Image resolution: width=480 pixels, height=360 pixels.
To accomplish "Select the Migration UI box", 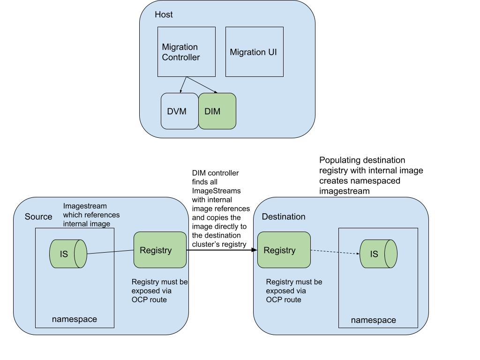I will [x=254, y=52].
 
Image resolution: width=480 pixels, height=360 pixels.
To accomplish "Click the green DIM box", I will [x=217, y=111].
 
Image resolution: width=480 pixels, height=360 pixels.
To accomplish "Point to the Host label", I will [x=164, y=15].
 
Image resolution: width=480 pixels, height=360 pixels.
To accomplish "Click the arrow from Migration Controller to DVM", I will [x=183, y=85].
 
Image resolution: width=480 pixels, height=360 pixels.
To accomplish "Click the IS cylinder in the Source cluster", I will [x=68, y=254].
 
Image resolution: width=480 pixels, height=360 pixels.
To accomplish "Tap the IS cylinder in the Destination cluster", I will [x=378, y=254].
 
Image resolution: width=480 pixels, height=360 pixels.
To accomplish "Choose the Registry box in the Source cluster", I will [x=160, y=250].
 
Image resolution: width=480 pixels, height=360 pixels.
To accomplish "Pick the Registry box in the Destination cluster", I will [x=284, y=250].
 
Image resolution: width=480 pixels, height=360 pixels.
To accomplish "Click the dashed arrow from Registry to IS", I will [x=335, y=252].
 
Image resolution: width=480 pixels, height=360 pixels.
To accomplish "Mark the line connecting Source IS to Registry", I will [x=110, y=253].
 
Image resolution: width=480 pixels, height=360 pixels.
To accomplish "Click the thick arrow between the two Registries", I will [x=222, y=250].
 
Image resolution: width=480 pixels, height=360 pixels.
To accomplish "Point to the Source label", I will [x=38, y=217].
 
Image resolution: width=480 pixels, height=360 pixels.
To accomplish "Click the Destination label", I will [x=283, y=217].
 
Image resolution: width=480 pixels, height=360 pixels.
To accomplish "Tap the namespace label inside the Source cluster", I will [x=75, y=319].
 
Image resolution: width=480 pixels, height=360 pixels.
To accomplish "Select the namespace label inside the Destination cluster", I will [x=373, y=320].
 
